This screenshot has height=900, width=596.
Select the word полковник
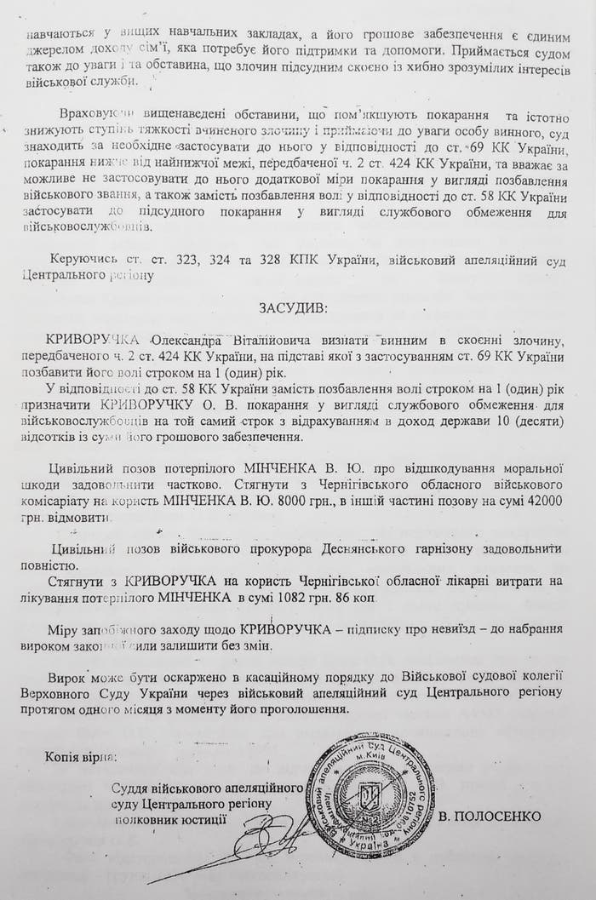click(146, 819)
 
